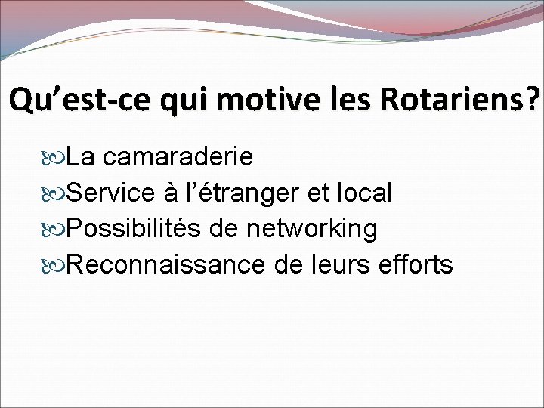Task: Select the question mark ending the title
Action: [535, 99]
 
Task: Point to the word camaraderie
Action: [178, 157]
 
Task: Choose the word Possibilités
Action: [135, 229]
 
